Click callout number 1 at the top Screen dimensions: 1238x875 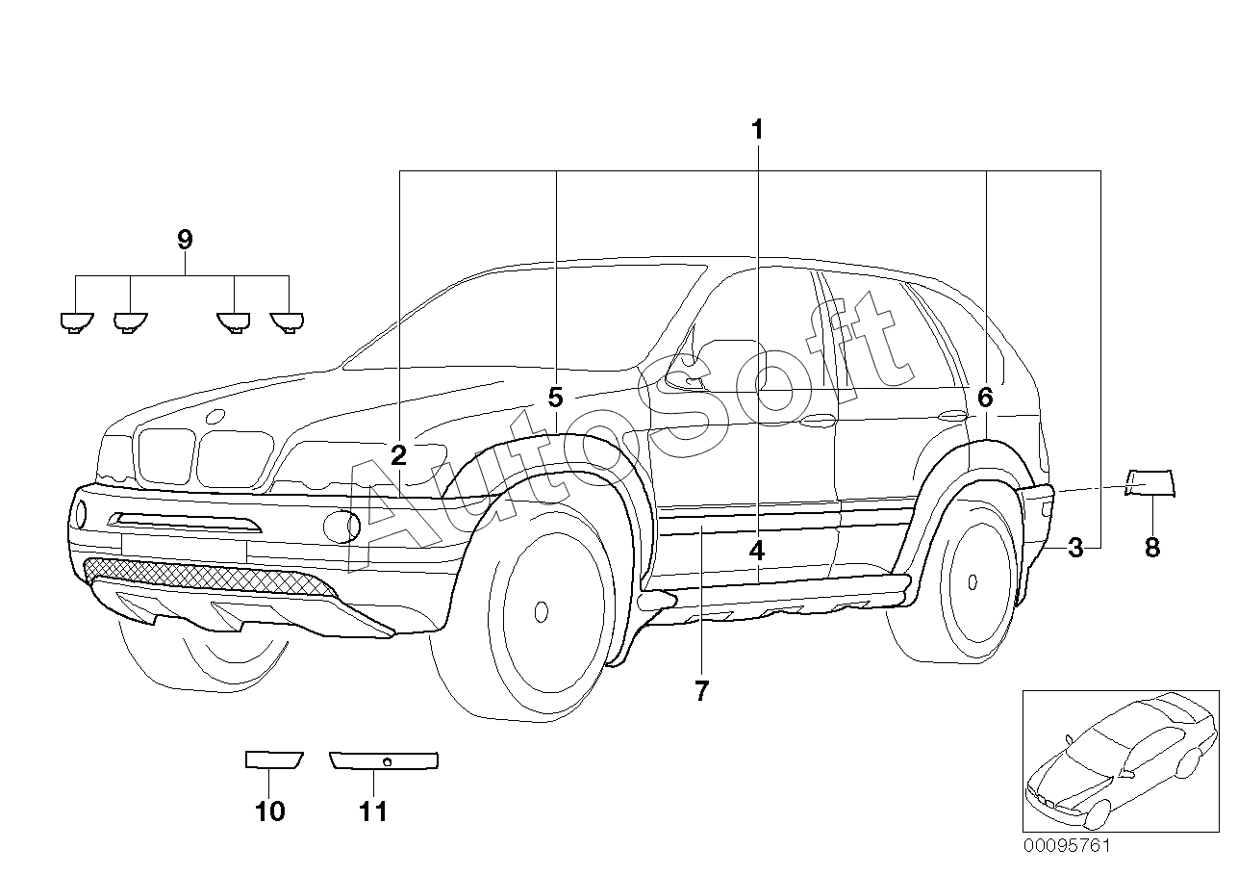point(757,130)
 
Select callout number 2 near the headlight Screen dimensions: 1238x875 point(398,455)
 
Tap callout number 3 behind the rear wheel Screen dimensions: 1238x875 point(1075,548)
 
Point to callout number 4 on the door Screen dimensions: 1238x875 point(757,551)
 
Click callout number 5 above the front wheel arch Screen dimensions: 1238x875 point(555,398)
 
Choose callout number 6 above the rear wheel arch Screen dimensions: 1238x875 point(985,398)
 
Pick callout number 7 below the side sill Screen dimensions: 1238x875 point(701,691)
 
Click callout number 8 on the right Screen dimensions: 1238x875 point(1152,548)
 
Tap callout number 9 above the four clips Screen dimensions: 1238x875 point(185,240)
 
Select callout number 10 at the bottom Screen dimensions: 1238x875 point(270,811)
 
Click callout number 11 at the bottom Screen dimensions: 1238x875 point(373,811)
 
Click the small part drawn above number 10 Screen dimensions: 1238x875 point(274,759)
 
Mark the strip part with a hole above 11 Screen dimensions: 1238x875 point(384,760)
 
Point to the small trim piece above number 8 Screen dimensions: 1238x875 point(1150,483)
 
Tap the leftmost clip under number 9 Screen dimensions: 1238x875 point(77,322)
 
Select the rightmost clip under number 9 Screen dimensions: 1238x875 point(287,322)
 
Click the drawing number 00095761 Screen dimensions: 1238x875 point(1067,846)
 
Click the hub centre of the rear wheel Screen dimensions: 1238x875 point(973,581)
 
